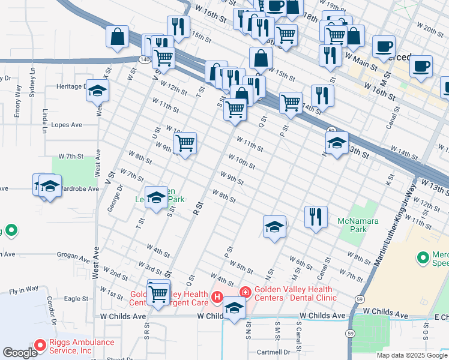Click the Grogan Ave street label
click(x=73, y=254)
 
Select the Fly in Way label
click(x=23, y=292)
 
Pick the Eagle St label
click(x=76, y=298)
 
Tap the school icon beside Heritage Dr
click(x=97, y=91)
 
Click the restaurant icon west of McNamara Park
click(x=316, y=217)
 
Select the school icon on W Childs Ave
click(x=234, y=309)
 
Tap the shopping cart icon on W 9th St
click(x=185, y=143)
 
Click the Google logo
click(x=20, y=352)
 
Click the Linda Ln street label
click(x=45, y=121)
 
